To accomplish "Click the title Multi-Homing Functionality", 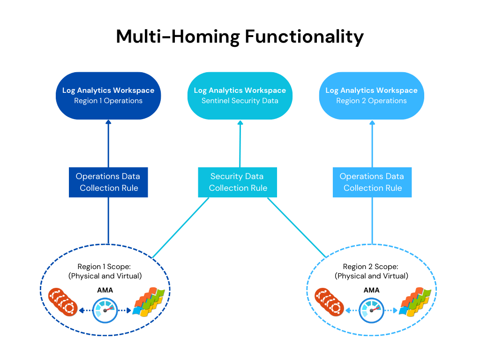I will (x=240, y=37).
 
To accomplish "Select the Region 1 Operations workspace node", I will (x=108, y=96).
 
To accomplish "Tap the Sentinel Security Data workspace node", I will (x=240, y=96).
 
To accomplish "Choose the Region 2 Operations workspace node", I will (x=371, y=96).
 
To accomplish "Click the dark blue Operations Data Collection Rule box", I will (x=108, y=182).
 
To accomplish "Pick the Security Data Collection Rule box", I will (x=238, y=182).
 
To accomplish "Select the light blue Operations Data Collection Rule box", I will (x=372, y=182).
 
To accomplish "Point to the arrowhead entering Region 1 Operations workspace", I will (x=108, y=122).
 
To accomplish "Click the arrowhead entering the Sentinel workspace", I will (x=240, y=122).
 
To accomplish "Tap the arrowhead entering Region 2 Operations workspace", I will (x=373, y=122).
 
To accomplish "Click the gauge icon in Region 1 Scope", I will (x=105, y=310).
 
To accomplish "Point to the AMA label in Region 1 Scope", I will (x=105, y=290).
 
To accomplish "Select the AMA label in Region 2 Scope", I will (x=371, y=290).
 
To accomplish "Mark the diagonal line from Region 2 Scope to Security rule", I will (x=296, y=227).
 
